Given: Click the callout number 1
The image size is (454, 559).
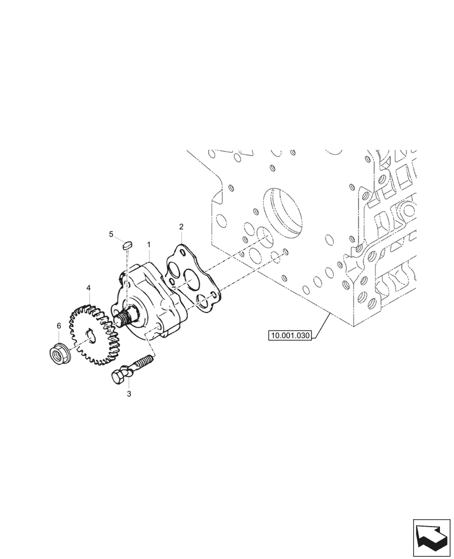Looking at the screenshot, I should click(149, 244).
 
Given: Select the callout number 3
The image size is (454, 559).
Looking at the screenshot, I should click(129, 394).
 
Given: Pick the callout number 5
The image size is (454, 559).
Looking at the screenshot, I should click(111, 234).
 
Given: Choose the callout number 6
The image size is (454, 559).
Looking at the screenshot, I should click(59, 325).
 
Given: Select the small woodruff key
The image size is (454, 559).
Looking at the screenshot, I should click(127, 244).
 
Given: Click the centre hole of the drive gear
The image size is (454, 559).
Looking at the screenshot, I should click(89, 334).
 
